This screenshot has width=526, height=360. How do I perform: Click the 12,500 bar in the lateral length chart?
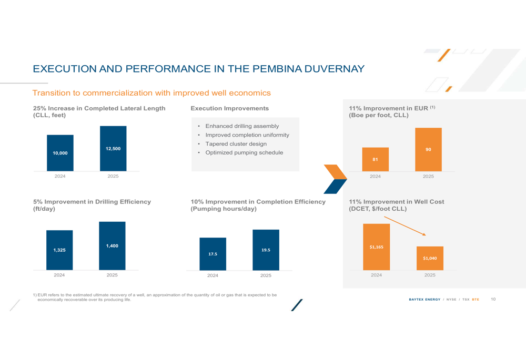[113, 149]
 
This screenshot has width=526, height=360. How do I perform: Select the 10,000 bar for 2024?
[60, 153]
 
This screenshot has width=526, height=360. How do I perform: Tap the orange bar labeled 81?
[376, 160]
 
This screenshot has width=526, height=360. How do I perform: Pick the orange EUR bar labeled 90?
[428, 149]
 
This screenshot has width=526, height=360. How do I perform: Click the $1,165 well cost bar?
[377, 247]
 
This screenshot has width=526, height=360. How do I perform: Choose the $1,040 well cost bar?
[430, 259]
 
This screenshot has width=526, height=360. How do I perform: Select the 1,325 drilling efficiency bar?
[59, 250]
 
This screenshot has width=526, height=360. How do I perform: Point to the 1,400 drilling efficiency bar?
[112, 246]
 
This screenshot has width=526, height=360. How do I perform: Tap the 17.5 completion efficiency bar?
[213, 254]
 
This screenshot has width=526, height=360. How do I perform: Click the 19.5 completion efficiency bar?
[266, 250]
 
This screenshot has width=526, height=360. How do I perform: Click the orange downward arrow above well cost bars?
[405, 226]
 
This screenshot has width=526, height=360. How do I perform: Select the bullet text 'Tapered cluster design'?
[236, 144]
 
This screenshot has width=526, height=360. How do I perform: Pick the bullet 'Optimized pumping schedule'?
[244, 152]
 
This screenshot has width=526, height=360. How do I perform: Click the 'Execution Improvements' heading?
[229, 108]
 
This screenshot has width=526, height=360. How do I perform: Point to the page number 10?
[493, 299]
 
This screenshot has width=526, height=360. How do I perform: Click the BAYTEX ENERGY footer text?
[424, 300]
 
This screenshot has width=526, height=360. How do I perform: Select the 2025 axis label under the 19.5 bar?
[266, 275]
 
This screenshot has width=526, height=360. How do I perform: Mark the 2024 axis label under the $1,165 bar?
[377, 275]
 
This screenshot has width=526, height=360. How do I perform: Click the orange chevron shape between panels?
[336, 172]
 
